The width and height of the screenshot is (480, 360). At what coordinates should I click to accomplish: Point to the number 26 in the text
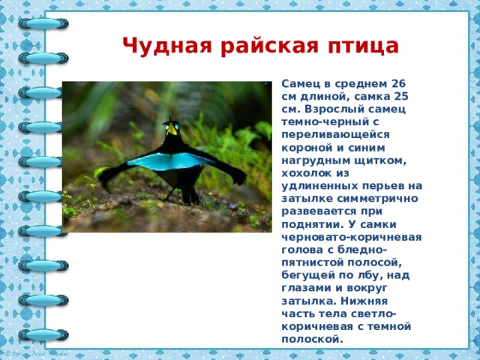pos(398,83)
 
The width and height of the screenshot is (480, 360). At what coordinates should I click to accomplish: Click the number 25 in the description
pos(401,96)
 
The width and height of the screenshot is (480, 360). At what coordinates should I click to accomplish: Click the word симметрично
pos(377,199)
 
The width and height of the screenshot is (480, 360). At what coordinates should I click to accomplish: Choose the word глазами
pos(307,288)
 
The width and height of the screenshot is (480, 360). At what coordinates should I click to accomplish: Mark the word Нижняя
pos(364,301)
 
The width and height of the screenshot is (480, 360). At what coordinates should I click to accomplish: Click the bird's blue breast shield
pos(170,160)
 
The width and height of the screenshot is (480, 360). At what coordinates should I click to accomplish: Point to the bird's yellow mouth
pos(172,130)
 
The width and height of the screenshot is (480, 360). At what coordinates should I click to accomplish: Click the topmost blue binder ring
pos(43,23)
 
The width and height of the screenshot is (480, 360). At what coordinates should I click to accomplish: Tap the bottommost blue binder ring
pos(43,334)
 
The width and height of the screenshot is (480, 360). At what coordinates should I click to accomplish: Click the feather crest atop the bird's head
pos(169,120)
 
